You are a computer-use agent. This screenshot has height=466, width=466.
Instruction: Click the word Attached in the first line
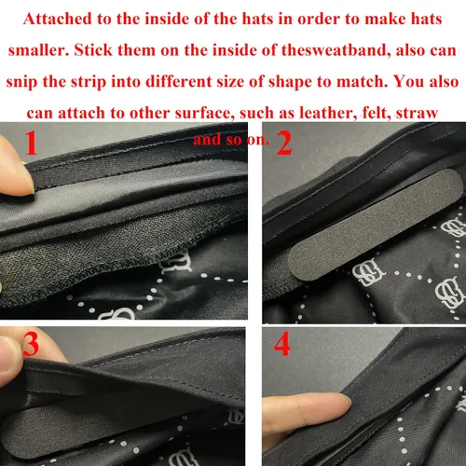58,20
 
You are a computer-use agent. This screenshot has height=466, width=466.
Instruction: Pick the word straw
417,113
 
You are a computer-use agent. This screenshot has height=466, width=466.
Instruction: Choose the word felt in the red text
377,113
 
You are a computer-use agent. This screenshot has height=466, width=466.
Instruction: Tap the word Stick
93,50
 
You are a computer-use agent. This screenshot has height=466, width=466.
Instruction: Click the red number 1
31,143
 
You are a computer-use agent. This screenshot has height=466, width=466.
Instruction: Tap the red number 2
284,143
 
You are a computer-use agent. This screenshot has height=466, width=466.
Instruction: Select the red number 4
282,344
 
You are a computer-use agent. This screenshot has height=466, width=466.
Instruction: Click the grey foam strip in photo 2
376,225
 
